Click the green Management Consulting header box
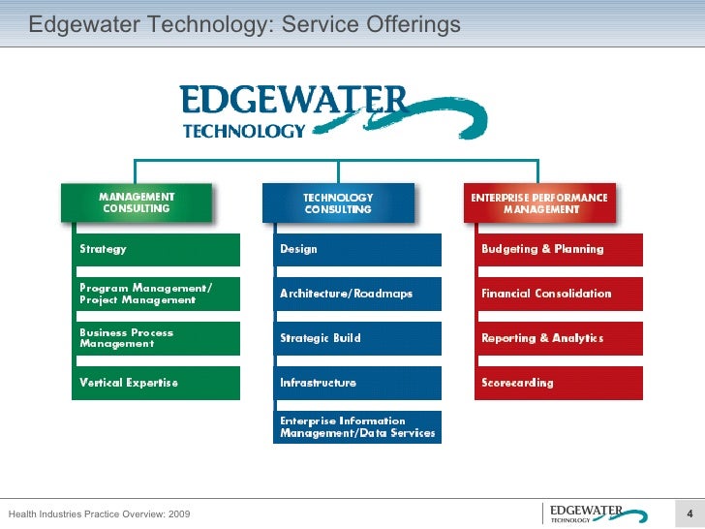pos(136,202)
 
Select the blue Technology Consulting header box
pos(338,202)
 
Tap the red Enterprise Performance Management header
pos(539,202)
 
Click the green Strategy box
pos(158,249)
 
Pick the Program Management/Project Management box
pos(158,294)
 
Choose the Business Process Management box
pos(158,338)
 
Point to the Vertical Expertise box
pos(158,383)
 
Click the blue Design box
pos(358,249)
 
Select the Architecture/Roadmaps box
pos(358,294)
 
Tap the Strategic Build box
pos(358,338)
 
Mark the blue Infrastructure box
pos(358,383)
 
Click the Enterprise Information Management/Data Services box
pos(358,427)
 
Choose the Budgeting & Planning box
pos(559,249)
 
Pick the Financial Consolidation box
pos(559,294)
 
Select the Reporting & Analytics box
pos(559,338)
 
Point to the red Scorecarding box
pos(559,383)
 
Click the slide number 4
pos(689,513)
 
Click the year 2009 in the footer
pos(178,513)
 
